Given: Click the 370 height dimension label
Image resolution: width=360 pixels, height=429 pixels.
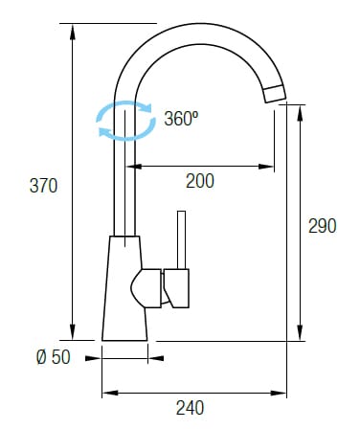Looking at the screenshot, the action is [x=43, y=186].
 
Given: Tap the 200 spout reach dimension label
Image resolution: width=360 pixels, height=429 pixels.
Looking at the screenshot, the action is [x=200, y=181].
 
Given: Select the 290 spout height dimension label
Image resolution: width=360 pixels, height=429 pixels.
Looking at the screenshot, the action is [x=323, y=226].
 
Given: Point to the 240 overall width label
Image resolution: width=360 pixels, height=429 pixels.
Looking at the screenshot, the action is [x=191, y=408].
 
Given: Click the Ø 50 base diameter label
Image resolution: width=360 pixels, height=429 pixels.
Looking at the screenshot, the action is [x=54, y=357].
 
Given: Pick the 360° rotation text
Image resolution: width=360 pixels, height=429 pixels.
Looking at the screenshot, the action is [x=181, y=119].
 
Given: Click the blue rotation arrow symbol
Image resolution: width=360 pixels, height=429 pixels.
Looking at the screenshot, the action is [x=126, y=121].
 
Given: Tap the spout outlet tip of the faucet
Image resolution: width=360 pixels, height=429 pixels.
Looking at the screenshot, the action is [x=275, y=94].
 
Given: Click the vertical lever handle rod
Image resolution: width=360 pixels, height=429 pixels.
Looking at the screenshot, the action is [x=181, y=239].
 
